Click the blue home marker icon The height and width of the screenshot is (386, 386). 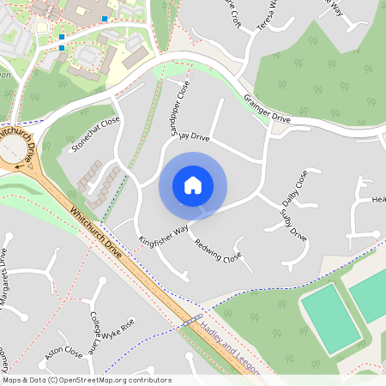click(x=193, y=185)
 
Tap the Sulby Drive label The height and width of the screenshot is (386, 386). click(x=293, y=221)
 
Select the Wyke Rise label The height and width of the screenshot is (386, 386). click(x=119, y=330)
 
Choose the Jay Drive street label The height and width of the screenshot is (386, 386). click(x=194, y=137)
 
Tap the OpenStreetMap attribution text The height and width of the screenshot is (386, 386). click(x=86, y=379)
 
